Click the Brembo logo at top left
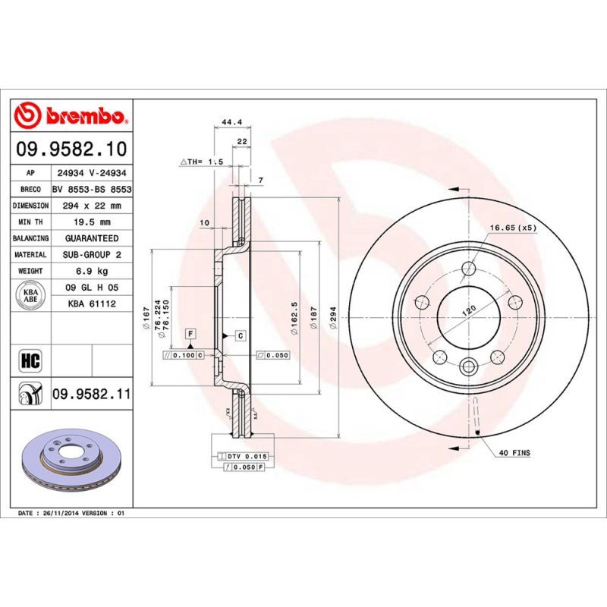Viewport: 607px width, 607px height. pos(71,115)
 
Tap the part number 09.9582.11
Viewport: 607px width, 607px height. pos(91,395)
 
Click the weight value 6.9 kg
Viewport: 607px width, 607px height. pos(91,271)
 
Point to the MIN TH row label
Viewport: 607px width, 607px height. pos(31,222)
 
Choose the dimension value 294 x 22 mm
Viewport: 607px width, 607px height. pos(91,206)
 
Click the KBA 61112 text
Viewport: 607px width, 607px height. pos(91,303)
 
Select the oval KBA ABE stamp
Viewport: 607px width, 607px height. pos(31,294)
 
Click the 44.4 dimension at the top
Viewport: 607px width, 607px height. pos(231,121)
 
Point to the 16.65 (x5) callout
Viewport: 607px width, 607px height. pos(512,228)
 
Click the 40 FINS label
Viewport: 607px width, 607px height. pos(514,453)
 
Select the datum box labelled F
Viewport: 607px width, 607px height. pos(190,334)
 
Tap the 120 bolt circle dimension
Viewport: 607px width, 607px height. pos(470,310)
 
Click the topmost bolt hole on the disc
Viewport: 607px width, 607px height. pos(468,269)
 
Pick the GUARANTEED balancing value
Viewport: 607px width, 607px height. pos(91,238)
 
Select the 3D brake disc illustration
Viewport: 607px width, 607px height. pos(70,465)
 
